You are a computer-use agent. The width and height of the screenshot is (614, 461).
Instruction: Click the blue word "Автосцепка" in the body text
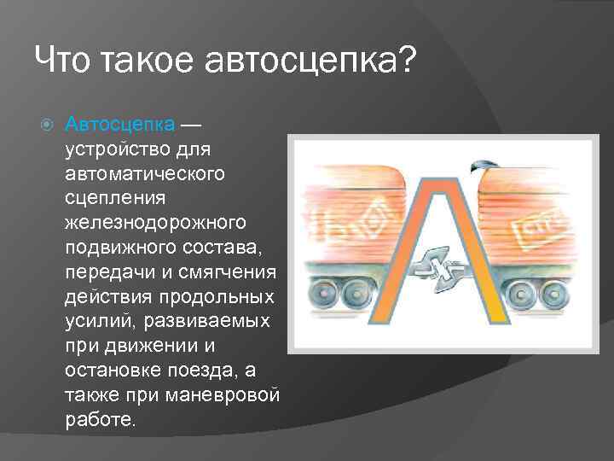tap(120, 125)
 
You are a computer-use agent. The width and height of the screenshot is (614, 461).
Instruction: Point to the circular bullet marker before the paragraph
tap(47, 125)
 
